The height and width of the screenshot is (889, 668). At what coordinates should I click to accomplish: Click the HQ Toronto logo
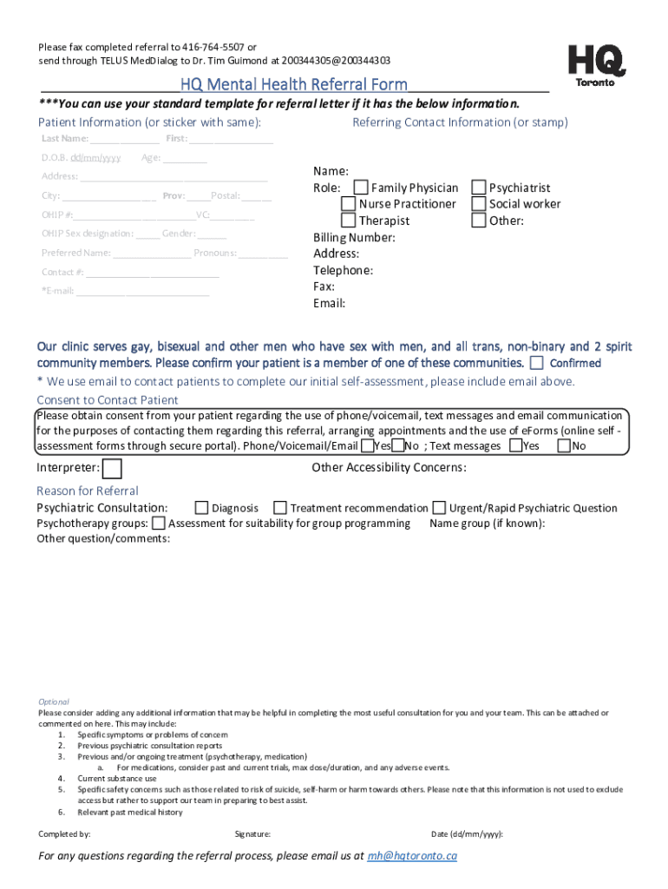point(596,65)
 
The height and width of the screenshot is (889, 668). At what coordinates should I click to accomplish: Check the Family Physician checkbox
point(361,188)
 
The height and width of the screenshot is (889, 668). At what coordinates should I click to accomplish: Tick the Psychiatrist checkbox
point(479,188)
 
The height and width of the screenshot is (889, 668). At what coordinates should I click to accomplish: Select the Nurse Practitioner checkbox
point(348,204)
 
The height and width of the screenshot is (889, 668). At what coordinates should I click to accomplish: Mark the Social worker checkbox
point(479,204)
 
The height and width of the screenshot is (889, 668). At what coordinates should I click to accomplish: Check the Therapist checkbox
point(348,221)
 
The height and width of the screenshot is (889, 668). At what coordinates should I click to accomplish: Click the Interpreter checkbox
point(112,469)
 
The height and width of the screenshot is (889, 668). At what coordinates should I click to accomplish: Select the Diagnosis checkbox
point(201,508)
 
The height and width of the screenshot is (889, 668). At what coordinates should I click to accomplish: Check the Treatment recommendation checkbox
point(279,508)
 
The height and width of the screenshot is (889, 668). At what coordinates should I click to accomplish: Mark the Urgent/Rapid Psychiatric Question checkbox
point(440,508)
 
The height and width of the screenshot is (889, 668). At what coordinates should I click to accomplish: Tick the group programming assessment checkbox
point(159,524)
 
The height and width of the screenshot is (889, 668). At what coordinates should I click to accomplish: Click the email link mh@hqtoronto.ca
point(412,856)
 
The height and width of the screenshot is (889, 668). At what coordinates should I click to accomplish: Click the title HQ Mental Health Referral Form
point(293,85)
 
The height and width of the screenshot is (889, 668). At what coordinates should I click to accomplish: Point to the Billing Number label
point(354,237)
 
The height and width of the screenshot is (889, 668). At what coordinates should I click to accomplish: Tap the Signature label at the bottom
point(252,834)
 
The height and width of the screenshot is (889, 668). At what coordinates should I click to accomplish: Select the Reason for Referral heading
point(87,491)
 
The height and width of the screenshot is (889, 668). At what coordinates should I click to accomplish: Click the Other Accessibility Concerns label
point(389,468)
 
